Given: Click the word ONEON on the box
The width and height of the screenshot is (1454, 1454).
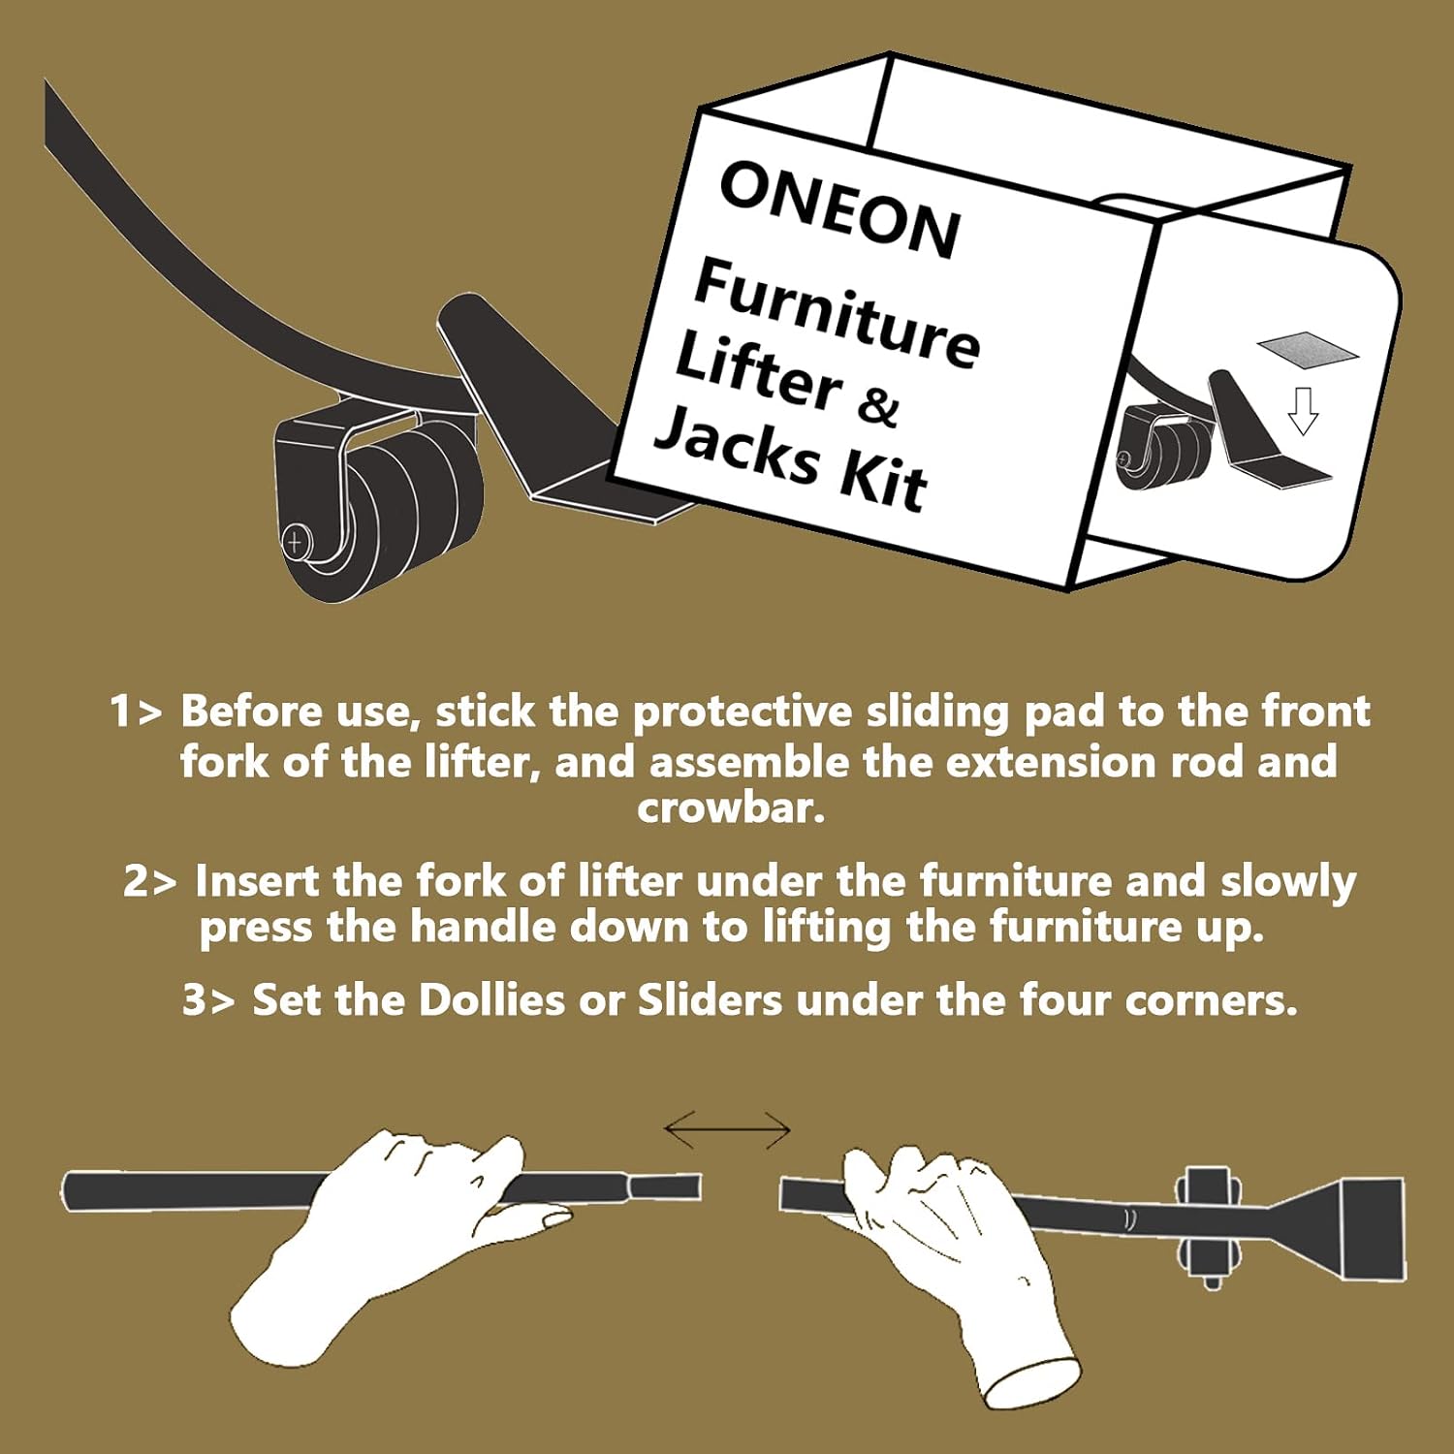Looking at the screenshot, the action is click(840, 208).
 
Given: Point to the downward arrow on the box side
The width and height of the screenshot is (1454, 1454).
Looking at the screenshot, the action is click(1304, 410).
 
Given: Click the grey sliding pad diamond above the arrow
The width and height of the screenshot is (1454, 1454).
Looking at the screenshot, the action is click(1308, 350).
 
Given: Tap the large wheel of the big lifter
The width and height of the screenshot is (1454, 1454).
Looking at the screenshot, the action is click(383, 519).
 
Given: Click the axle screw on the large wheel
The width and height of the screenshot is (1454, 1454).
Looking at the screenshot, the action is click(295, 541).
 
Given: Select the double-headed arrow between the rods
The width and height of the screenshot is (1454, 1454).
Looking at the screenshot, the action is click(727, 1129).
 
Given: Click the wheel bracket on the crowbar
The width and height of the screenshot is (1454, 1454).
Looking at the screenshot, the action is click(1208, 1227).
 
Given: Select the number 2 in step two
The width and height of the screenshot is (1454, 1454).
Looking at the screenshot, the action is click(136, 881).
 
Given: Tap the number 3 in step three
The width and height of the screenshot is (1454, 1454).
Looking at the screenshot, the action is click(195, 999).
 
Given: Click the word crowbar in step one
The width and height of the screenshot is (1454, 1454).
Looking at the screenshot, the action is click(731, 807).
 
